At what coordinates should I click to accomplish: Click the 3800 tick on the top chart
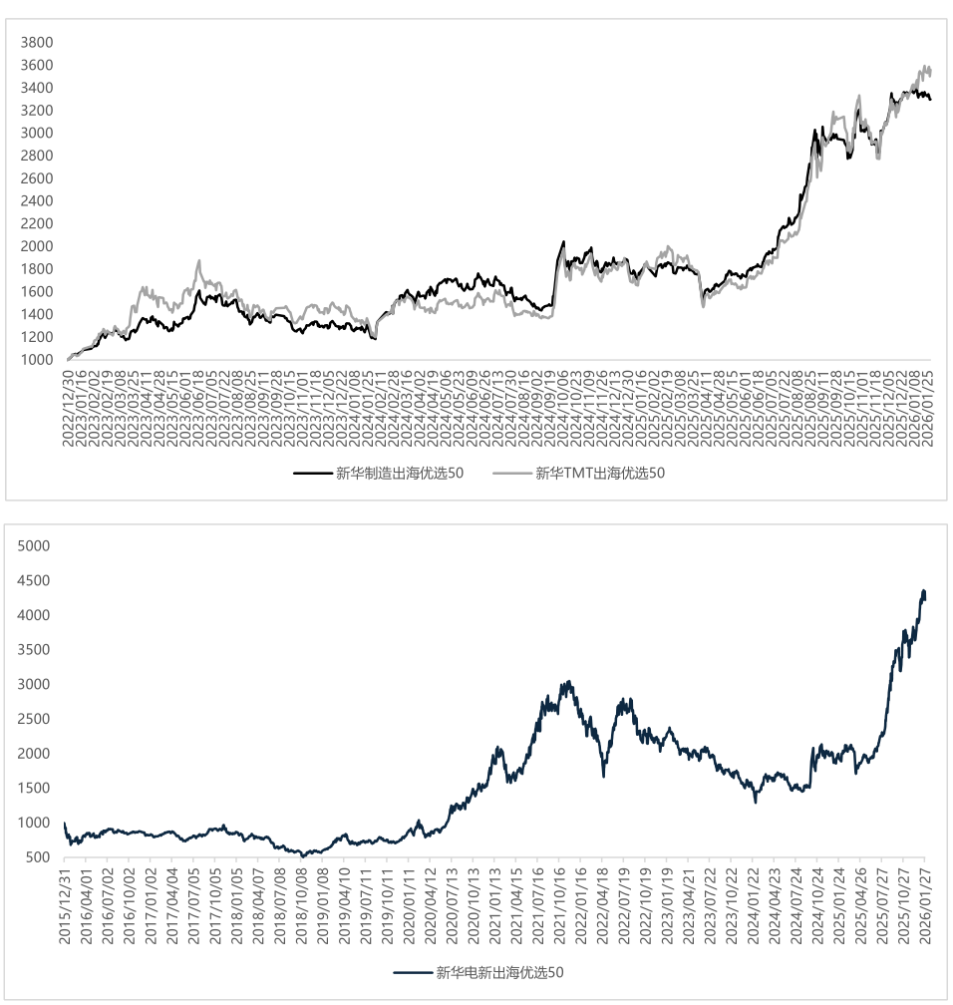[37, 43]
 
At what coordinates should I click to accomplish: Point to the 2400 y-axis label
[37, 201]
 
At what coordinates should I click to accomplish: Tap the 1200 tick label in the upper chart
[37, 337]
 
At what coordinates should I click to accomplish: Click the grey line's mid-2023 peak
[198, 261]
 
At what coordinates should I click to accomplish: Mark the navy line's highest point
[923, 591]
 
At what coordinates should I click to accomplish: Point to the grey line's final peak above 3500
[926, 67]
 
